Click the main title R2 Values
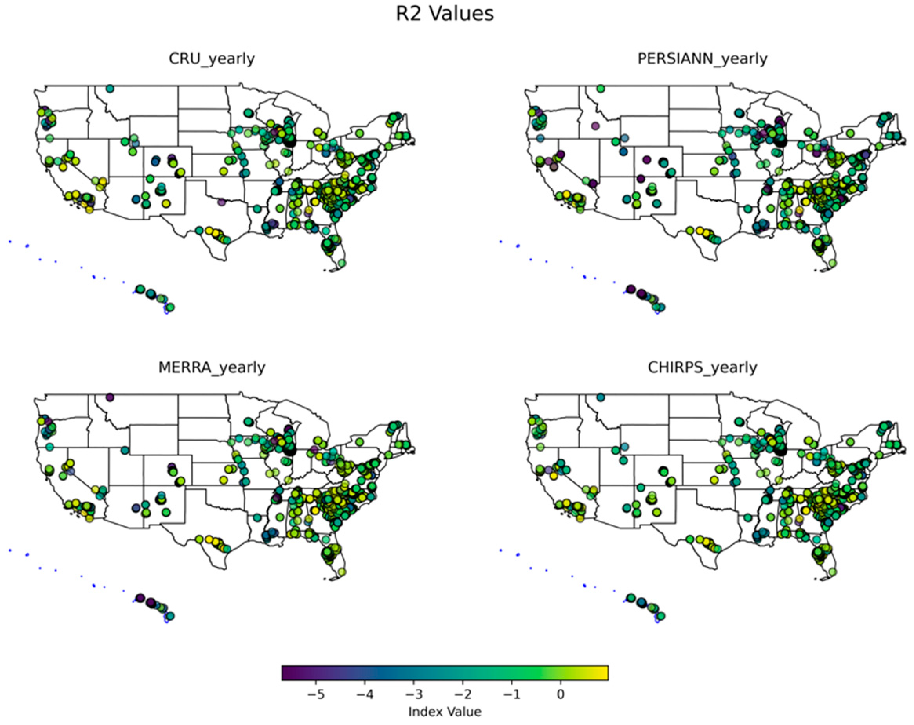tap(444, 14)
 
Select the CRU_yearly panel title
tap(212, 58)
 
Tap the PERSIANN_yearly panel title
tap(702, 58)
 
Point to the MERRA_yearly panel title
tap(212, 367)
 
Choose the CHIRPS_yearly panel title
tap(702, 367)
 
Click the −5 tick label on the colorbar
tap(315, 694)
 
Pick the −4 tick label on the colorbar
tap(365, 694)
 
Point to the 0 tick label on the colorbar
tap(560, 694)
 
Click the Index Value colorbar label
tap(444, 711)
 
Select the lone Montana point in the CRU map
tap(110, 88)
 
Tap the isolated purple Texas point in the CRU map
tap(221, 202)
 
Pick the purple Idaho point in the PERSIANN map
tap(595, 126)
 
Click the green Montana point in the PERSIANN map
tap(600, 88)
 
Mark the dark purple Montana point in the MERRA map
tap(110, 397)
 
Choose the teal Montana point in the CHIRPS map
tap(600, 397)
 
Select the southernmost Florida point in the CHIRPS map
tap(832, 572)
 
